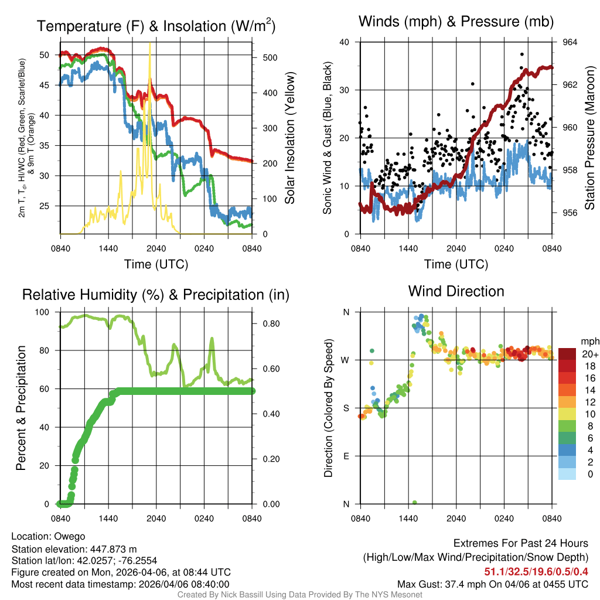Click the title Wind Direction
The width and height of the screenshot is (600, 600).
pyautogui.click(x=456, y=291)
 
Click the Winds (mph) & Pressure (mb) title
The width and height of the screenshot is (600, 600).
pyautogui.click(x=456, y=22)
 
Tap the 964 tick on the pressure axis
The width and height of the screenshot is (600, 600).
pyautogui.click(x=570, y=42)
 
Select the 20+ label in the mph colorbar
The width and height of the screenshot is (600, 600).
pyautogui.click(x=589, y=354)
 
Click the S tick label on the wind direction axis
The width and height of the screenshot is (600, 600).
pyautogui.click(x=346, y=408)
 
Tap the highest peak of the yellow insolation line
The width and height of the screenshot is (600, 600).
pyautogui.click(x=150, y=44)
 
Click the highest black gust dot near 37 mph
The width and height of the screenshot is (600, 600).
pyautogui.click(x=521, y=54)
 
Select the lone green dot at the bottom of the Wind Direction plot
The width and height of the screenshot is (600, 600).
pyautogui.click(x=415, y=503)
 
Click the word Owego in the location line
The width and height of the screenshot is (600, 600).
pyautogui.click(x=70, y=536)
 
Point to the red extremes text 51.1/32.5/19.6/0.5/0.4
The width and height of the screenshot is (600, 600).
pyautogui.click(x=536, y=571)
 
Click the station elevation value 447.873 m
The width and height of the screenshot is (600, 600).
pyautogui.click(x=113, y=548)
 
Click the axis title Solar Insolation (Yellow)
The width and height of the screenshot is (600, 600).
pyautogui.click(x=289, y=138)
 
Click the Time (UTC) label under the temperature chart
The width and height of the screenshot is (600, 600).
pyautogui.click(x=156, y=264)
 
